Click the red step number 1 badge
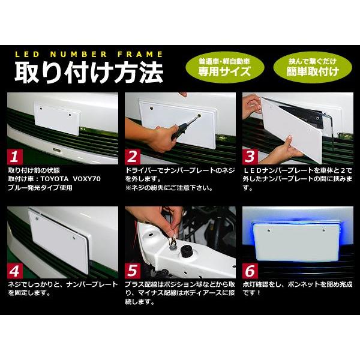(x=14, y=157)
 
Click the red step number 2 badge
(x=132, y=157)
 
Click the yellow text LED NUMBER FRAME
(x=83, y=53)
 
